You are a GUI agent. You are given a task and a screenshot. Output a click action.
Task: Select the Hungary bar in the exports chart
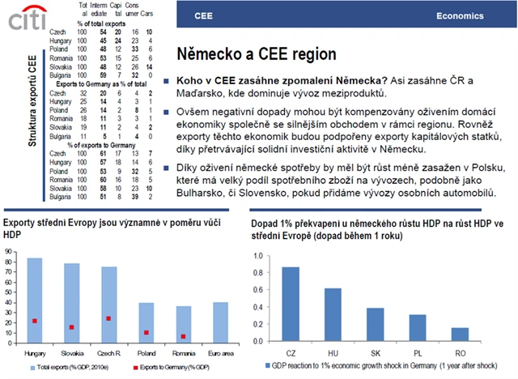(35, 300)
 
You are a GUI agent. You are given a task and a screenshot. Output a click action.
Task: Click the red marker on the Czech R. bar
(109, 318)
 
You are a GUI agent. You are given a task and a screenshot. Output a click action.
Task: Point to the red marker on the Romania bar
(183, 336)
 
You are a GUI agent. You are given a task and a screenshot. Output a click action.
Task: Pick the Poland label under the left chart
(146, 353)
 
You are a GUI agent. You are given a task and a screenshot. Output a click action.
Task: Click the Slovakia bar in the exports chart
(72, 302)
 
